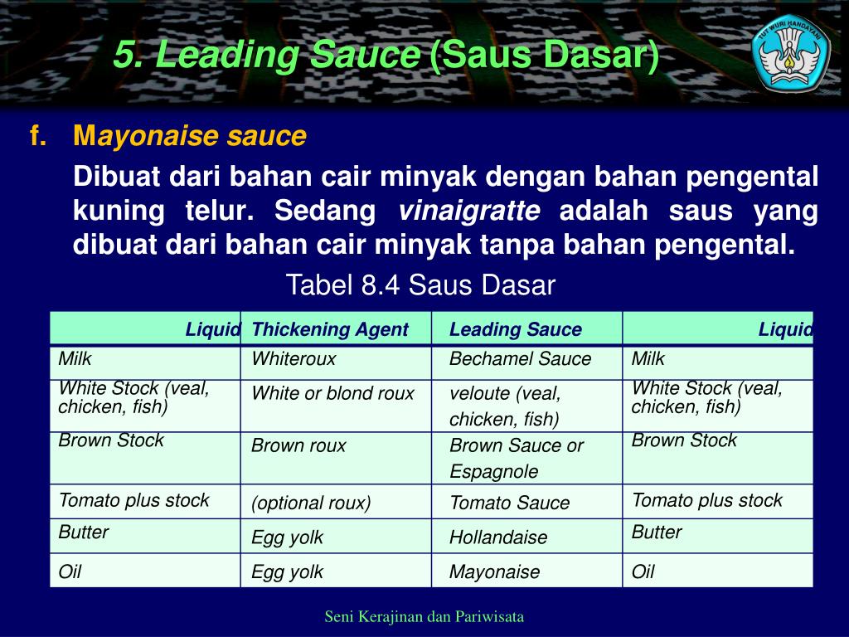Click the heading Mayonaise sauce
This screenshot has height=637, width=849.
pyautogui.click(x=190, y=136)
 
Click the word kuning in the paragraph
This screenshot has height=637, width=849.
pyautogui.click(x=119, y=211)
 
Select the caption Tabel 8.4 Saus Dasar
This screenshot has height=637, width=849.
pyautogui.click(x=420, y=285)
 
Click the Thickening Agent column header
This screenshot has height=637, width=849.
pyautogui.click(x=330, y=329)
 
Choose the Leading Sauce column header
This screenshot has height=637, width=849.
pyautogui.click(x=516, y=329)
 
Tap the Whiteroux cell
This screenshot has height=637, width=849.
pyautogui.click(x=294, y=359)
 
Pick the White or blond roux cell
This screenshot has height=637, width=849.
pyautogui.click(x=332, y=394)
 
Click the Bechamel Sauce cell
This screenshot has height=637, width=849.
pyautogui.click(x=520, y=359)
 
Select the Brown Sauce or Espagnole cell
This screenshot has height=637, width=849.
pyautogui.click(x=517, y=458)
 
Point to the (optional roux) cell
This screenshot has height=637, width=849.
pyautogui.click(x=311, y=503)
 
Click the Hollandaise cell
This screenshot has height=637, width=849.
pyautogui.click(x=498, y=537)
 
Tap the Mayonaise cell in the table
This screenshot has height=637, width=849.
pyautogui.click(x=494, y=571)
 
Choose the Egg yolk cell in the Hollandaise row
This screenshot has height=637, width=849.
pyautogui.click(x=287, y=537)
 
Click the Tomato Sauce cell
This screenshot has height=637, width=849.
pyautogui.click(x=509, y=503)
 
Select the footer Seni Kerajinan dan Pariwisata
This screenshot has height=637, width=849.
pyautogui.click(x=424, y=616)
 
